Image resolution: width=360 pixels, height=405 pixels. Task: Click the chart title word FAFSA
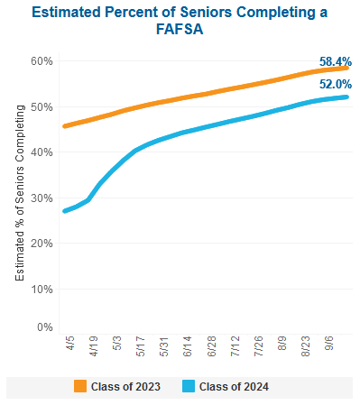180,30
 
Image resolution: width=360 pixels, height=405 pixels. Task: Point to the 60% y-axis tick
42,60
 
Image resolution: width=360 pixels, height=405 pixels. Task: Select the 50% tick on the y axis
42,106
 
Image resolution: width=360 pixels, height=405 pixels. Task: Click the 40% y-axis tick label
42,152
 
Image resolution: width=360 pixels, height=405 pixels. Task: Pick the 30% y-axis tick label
42,198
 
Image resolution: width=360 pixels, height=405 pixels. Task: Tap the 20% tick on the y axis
42,243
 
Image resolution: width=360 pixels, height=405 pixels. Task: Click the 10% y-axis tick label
42,289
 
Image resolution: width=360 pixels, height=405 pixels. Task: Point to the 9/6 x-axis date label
328,345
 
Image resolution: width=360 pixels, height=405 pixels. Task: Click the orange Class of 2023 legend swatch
80,387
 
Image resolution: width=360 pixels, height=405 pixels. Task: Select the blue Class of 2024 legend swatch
189,387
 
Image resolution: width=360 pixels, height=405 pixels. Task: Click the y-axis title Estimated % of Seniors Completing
21,193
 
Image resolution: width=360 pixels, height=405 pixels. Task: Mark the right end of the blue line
346,97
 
